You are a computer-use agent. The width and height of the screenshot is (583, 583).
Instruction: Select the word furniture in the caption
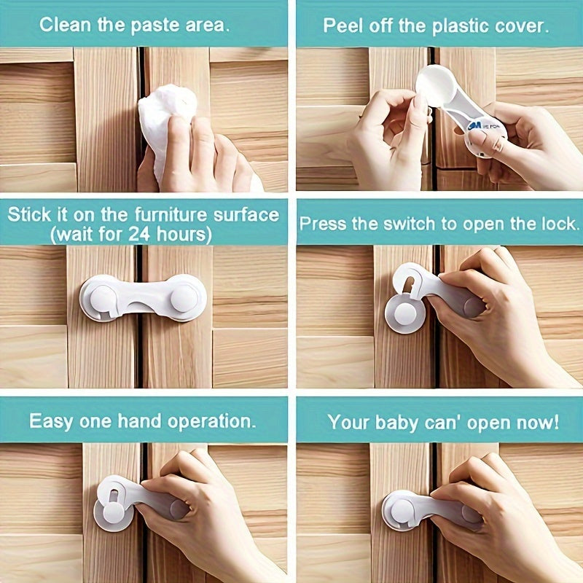[152, 214]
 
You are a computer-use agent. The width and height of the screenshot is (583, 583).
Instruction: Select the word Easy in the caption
[50, 421]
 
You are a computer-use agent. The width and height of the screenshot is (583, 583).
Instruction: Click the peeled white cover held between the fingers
[435, 85]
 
